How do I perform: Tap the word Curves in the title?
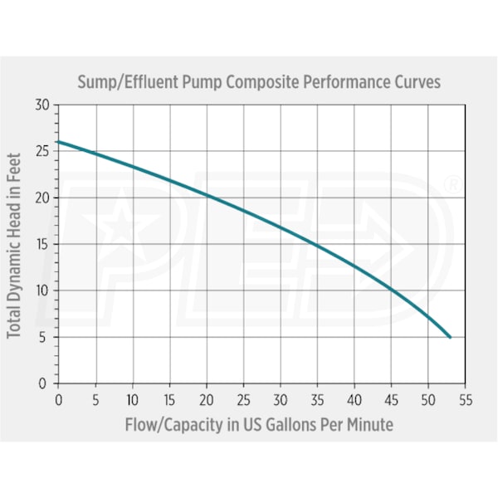coord(413,83)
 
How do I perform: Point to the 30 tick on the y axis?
coord(42,105)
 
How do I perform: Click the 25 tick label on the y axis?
coord(42,151)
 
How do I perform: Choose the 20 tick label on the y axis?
coord(42,198)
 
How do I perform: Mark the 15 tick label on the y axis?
coord(42,244)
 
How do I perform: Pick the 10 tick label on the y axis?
coord(42,290)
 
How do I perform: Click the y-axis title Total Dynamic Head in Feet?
coord(14,244)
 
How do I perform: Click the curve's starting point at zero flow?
coord(58,142)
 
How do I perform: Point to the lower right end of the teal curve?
coord(450,337)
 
